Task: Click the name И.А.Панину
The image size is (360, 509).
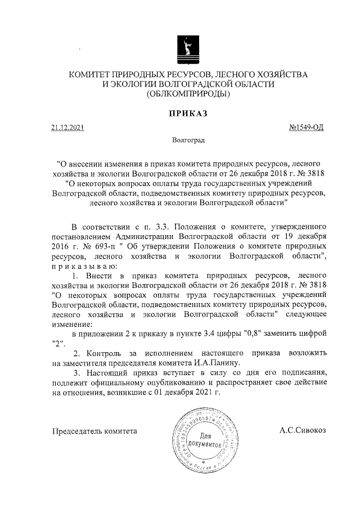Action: pyautogui.click(x=219, y=363)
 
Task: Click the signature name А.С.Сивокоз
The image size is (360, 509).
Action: pyautogui.click(x=303, y=430)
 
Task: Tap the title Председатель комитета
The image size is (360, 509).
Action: pyautogui.click(x=94, y=431)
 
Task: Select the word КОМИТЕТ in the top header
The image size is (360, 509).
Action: pyautogui.click(x=89, y=74)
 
